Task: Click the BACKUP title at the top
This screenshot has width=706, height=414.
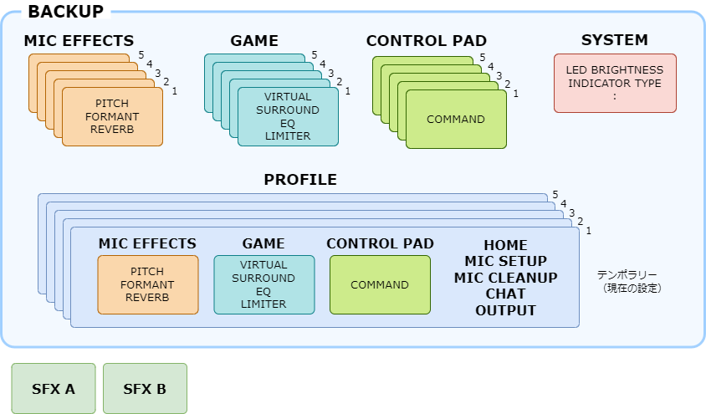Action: coord(66,11)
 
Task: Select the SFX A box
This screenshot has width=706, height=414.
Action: coord(54,388)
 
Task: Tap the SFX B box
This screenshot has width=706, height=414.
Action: coord(145,388)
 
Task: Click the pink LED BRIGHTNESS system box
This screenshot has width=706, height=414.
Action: coord(615,84)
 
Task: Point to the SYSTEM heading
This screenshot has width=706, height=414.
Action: coord(615,40)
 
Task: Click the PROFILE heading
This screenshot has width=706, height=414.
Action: coord(300,180)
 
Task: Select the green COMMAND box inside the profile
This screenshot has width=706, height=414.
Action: coord(380,285)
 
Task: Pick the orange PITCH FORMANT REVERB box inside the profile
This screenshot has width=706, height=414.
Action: coord(148,285)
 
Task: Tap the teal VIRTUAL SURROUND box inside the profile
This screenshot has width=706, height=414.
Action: coord(264,285)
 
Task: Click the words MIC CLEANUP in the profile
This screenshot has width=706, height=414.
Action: coord(505,278)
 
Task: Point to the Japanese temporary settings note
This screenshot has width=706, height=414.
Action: coord(628,281)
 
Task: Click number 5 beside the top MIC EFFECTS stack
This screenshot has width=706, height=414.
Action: coord(141,55)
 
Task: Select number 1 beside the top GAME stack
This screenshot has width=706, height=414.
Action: coord(348,91)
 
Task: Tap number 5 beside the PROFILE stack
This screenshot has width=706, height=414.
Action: coord(555,194)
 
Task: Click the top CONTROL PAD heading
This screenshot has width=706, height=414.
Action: coord(427,41)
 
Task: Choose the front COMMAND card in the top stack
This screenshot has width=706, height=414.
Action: coord(456,120)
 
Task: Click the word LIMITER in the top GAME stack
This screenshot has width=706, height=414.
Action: coord(288,135)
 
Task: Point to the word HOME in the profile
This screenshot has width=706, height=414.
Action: coord(505,245)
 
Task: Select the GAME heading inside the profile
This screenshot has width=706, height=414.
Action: coord(263,244)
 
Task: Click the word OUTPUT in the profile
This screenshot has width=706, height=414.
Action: coord(505,310)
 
